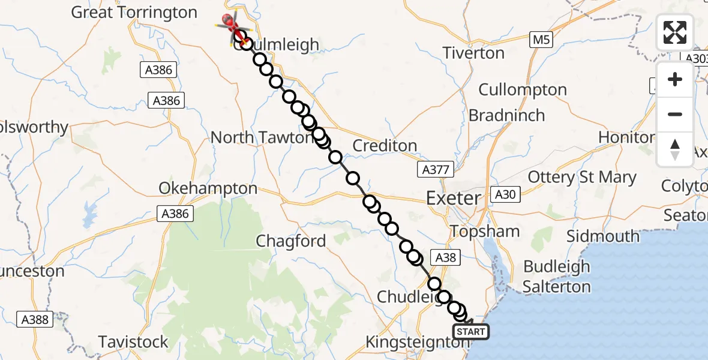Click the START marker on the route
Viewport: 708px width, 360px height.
click(470, 332)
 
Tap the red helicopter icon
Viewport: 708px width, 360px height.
click(231, 24)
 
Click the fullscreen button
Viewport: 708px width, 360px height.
click(675, 32)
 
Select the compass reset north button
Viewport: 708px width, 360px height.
click(675, 149)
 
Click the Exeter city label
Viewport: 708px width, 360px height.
click(453, 197)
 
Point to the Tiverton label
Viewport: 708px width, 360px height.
click(473, 53)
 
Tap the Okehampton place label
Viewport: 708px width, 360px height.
click(208, 188)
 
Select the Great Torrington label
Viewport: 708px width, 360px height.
click(134, 13)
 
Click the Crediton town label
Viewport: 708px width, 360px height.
click(385, 145)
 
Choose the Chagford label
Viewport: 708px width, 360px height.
click(291, 241)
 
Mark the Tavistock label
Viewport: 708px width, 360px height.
click(133, 342)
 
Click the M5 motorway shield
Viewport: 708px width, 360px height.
click(541, 41)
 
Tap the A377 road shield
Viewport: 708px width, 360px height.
click(433, 170)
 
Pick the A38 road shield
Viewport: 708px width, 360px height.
click(445, 257)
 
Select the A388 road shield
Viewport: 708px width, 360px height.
click(35, 319)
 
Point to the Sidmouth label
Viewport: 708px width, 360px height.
click(603, 236)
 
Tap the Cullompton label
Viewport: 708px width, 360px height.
click(523, 90)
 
